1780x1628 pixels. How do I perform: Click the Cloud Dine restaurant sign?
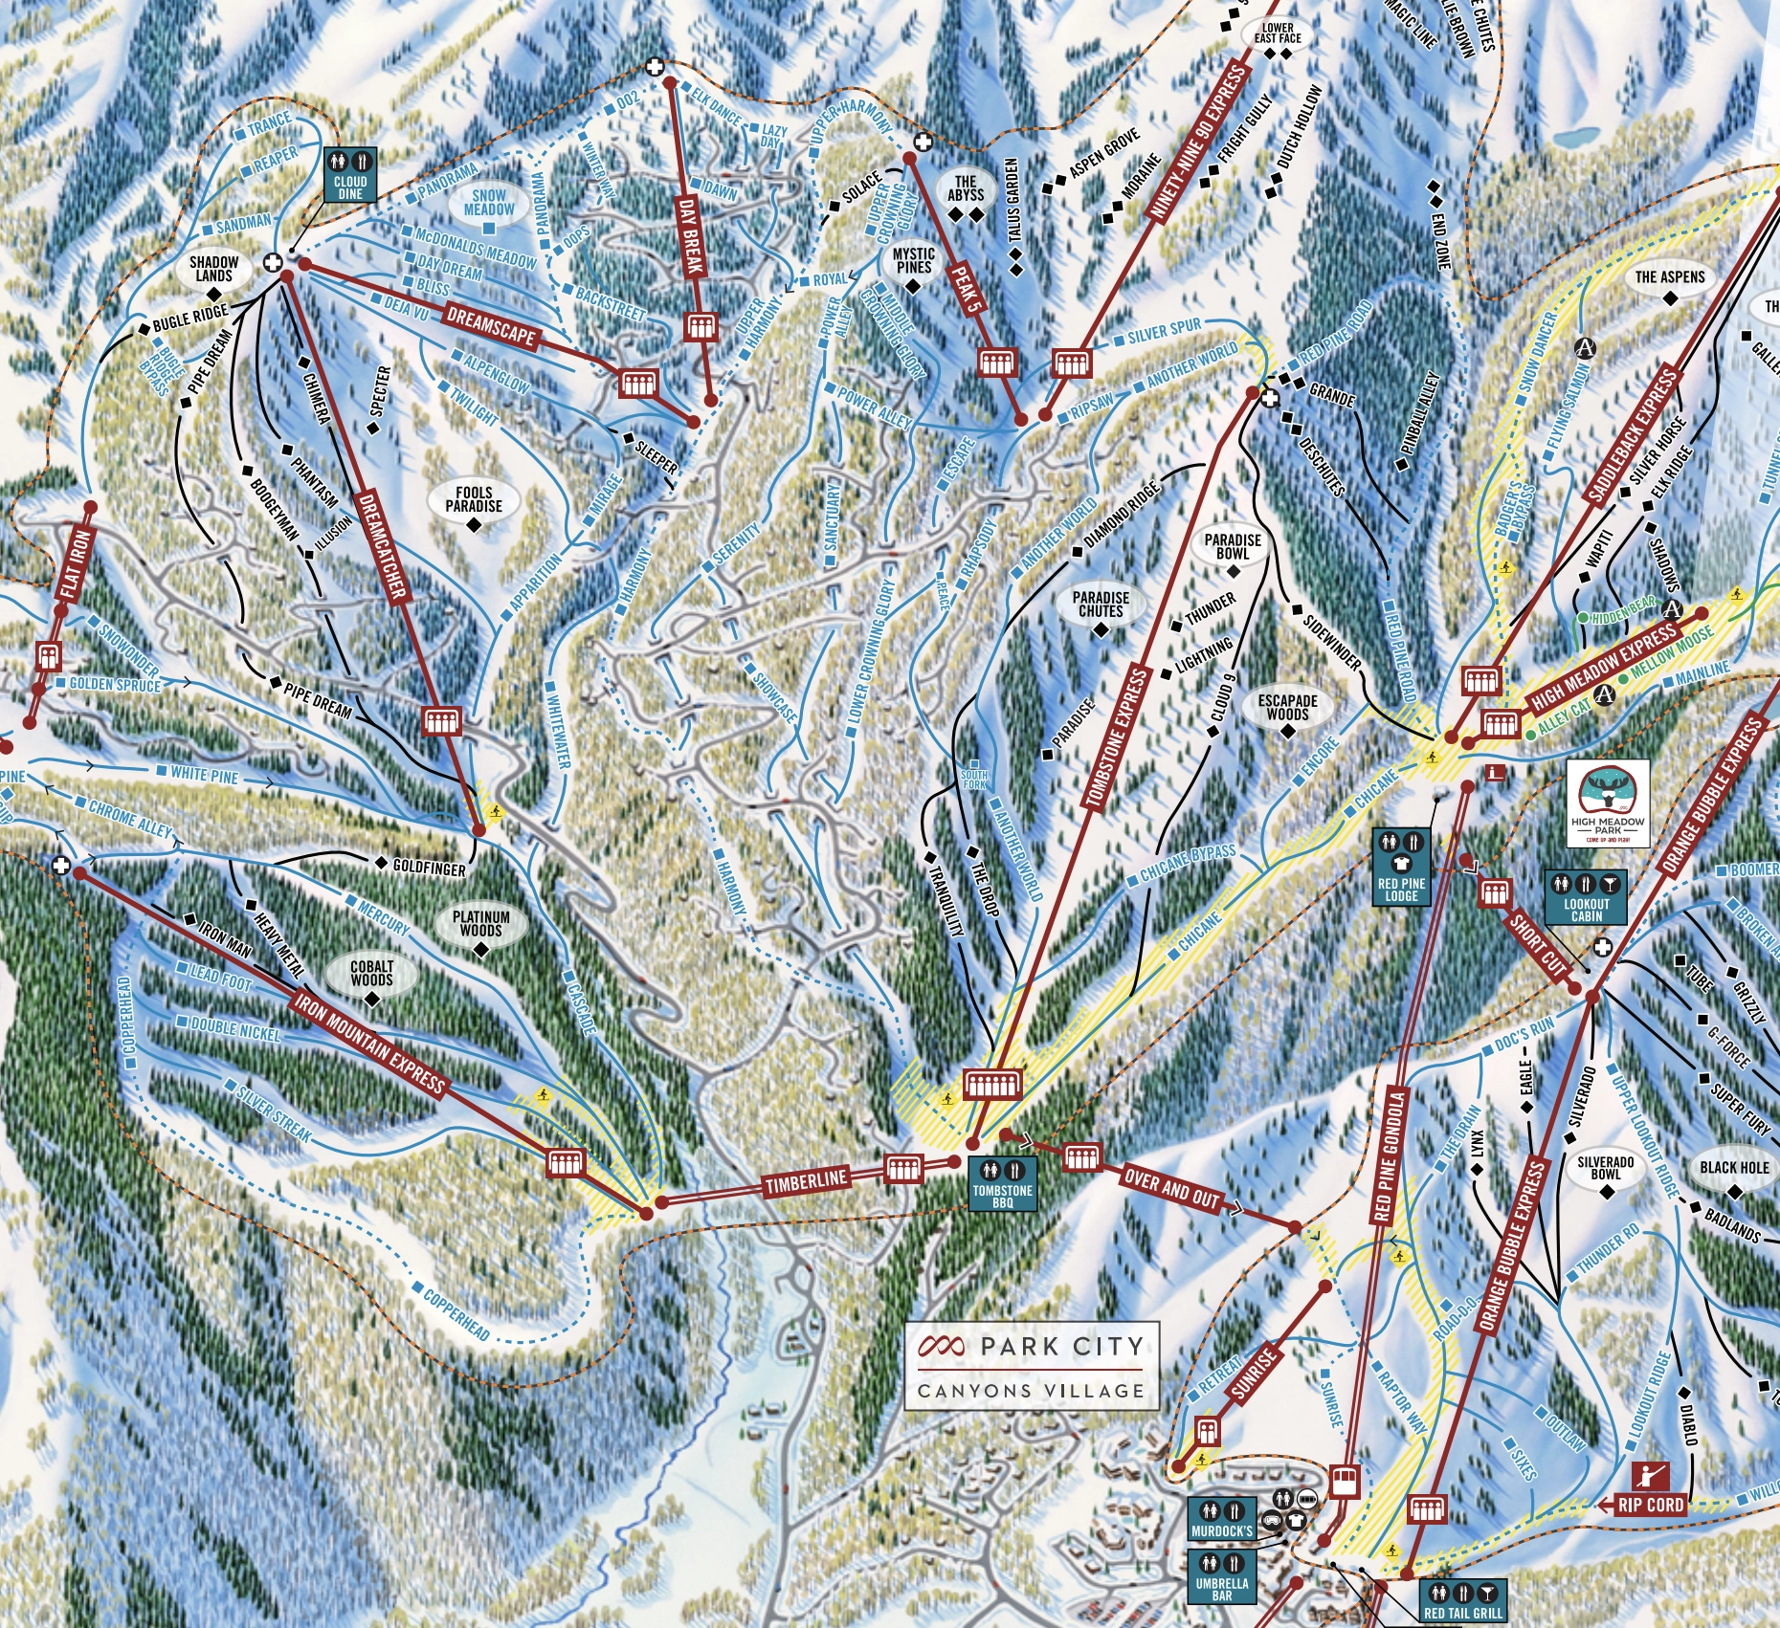350,175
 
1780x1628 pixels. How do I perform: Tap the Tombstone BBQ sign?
1002,1184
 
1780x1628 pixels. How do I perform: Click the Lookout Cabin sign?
1586,897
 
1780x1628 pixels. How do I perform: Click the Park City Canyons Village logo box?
1032,1366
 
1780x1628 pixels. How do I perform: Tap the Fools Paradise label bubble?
474,500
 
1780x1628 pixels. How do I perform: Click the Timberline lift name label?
807,1181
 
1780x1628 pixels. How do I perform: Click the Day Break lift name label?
691,236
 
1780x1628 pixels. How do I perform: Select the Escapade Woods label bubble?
1287,710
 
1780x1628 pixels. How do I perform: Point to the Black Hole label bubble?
1734,1171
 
